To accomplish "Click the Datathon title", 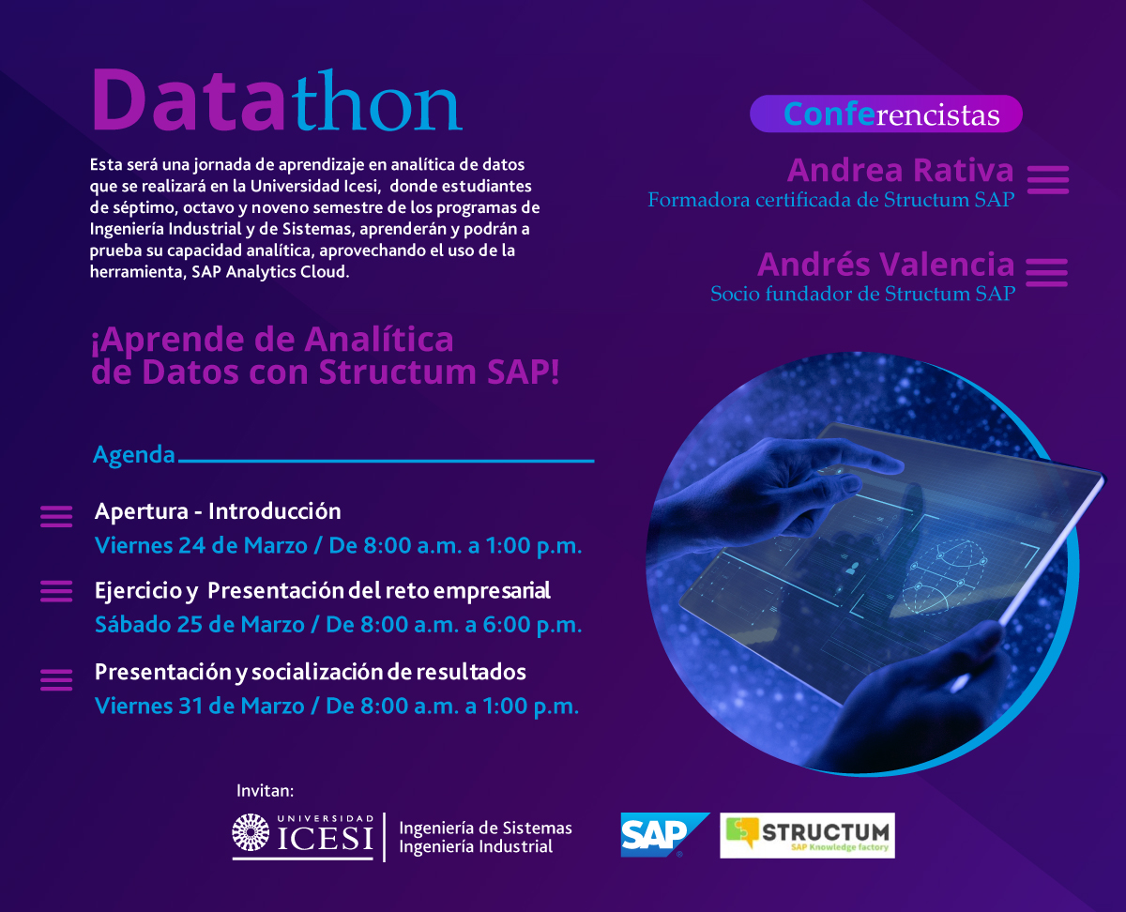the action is click(x=277, y=100).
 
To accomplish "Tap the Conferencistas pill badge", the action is click(x=886, y=114).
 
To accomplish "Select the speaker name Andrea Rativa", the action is click(x=900, y=170).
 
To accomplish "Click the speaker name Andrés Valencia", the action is click(x=886, y=264).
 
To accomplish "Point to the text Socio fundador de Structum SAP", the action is click(x=862, y=294).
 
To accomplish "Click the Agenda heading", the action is click(x=134, y=455).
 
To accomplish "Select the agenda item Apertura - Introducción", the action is click(x=218, y=511).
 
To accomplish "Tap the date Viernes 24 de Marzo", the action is click(x=201, y=546).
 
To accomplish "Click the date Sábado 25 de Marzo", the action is click(x=200, y=625).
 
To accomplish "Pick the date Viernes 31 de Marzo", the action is click(x=200, y=707).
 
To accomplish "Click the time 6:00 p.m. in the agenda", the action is click(x=532, y=626).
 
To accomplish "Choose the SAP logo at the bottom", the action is click(x=664, y=835).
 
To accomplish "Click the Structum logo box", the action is click(x=807, y=835).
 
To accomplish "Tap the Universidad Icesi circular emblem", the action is click(x=251, y=832).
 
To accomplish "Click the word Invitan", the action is click(x=265, y=791).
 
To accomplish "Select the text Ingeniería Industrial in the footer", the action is click(x=476, y=847).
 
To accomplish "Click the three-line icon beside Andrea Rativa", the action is click(x=1048, y=180).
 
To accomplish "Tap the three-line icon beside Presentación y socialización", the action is click(x=56, y=680).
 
